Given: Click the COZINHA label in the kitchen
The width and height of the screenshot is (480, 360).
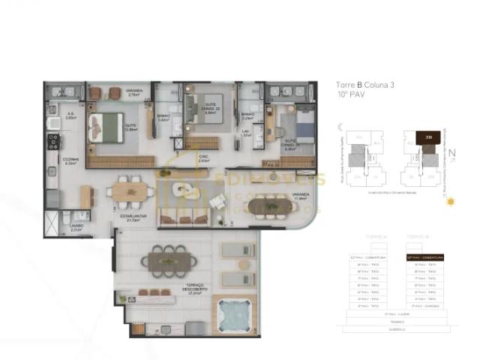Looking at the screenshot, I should [70, 160].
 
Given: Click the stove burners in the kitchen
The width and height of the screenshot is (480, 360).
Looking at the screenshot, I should [52, 139].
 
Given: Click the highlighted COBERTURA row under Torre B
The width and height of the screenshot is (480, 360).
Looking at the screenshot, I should [421, 258].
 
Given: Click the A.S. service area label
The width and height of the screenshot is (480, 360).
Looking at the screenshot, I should [71, 115].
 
